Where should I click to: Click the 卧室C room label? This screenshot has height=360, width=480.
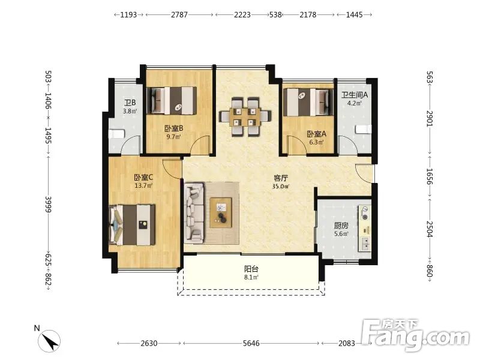point(143,178)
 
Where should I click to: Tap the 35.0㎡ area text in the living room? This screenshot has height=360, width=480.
point(281,186)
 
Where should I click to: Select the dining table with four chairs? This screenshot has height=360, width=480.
point(245,116)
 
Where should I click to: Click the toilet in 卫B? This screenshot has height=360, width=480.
point(116,134)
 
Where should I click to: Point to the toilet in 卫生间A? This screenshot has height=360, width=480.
point(364,129)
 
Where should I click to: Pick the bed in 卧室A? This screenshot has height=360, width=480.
point(308,102)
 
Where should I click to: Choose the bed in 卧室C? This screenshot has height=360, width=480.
point(132,224)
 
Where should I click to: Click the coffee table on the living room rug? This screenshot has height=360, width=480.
point(221,212)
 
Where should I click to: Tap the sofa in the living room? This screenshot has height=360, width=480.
point(194,213)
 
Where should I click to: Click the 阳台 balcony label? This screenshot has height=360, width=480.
point(251,269)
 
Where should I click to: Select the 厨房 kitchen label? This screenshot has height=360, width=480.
point(341,226)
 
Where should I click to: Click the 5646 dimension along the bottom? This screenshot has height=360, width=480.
point(251,343)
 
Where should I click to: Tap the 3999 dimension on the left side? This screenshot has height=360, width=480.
point(49,204)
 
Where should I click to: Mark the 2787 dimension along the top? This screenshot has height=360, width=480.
point(179,14)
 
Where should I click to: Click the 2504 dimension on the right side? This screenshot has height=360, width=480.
point(430,229)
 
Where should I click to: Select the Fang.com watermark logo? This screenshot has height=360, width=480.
point(415,335)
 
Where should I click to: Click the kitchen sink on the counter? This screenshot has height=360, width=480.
point(365,244)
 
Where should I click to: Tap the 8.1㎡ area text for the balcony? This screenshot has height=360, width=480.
point(251,277)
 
